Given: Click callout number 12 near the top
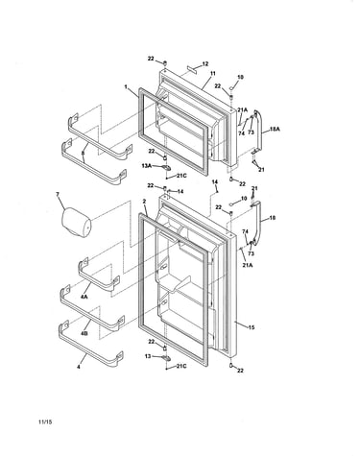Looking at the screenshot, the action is pos(205,63).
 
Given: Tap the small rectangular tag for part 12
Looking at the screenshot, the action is pos(192,69).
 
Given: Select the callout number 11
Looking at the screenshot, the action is pos(213,73).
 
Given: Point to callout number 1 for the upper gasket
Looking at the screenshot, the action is pos(126,86).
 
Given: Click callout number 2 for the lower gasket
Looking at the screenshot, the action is pos(144,202).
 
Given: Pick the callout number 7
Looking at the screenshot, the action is pos(58,194).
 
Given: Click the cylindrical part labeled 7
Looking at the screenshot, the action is pos(76,223).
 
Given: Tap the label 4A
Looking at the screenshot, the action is pos(84,297).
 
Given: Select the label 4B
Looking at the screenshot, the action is pos(84,333).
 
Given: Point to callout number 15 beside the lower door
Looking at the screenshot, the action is pos(252,327).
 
